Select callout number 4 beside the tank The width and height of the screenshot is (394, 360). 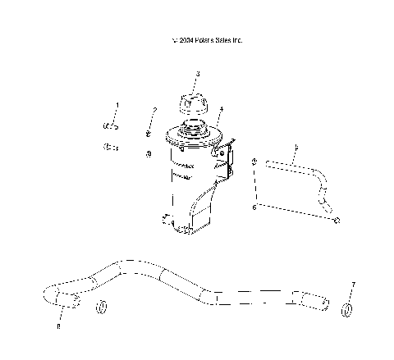point(221,109)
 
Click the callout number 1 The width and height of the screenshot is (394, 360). point(117,105)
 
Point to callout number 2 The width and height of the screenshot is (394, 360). point(154,110)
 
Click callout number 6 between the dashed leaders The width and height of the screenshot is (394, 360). point(253,209)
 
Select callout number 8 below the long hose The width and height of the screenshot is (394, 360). point(58,327)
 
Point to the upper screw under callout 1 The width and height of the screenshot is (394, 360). point(110,125)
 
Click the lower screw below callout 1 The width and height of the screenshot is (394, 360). point(108,148)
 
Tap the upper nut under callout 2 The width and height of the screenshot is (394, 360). point(149,133)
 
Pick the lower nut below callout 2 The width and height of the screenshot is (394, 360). point(148,153)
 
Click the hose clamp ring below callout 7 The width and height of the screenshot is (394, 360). point(346,310)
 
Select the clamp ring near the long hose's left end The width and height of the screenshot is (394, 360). point(103,308)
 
